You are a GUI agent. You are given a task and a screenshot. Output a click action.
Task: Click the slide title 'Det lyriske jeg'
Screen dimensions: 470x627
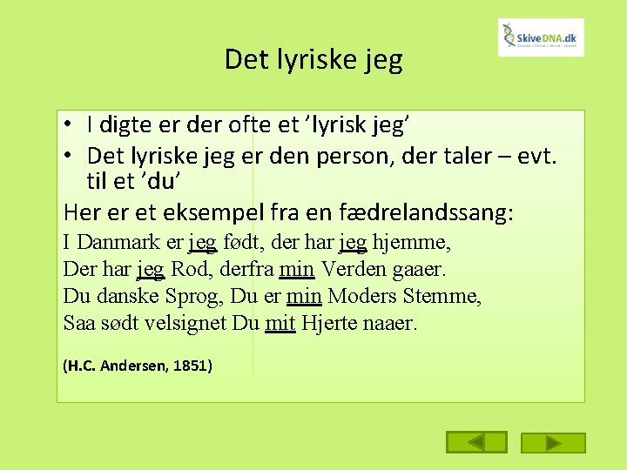[313, 59]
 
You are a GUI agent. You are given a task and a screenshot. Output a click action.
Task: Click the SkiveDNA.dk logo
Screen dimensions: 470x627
[541, 37]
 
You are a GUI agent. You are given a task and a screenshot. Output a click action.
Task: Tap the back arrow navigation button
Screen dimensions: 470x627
[476, 443]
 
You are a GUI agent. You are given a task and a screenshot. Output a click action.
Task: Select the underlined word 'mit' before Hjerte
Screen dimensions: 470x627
[280, 324]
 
